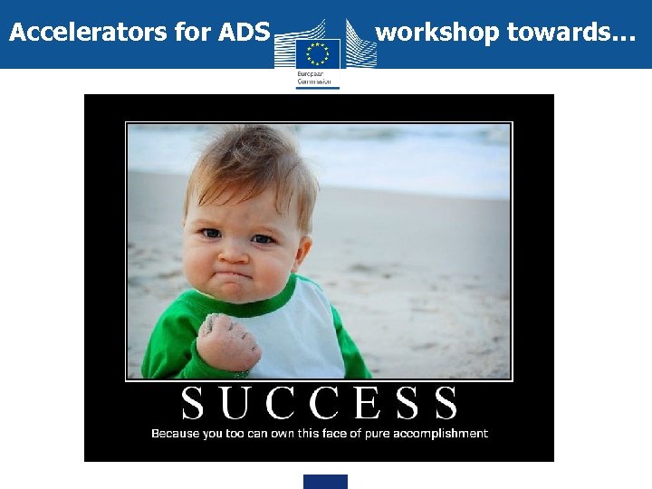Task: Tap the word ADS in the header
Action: (244, 34)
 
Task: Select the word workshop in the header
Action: (437, 34)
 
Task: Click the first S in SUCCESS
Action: (193, 403)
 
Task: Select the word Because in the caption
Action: (175, 434)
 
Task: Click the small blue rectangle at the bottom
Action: (325, 482)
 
